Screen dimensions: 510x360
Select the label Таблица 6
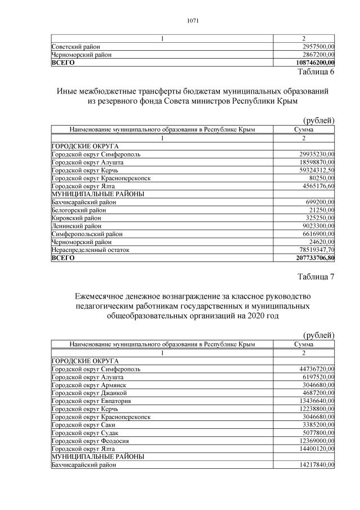315,72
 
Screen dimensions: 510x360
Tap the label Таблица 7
315,276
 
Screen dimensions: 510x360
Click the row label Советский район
75,46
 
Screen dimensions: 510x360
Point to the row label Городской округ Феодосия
90,440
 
